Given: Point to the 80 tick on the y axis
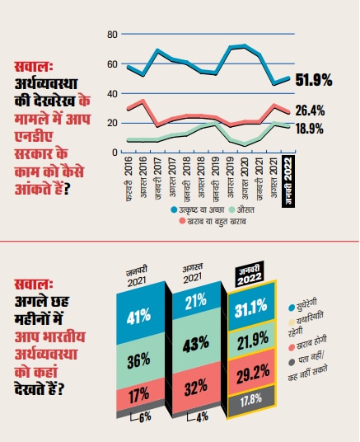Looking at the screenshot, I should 113,35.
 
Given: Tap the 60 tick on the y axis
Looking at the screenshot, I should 113,64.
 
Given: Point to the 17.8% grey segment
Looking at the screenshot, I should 255,400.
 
